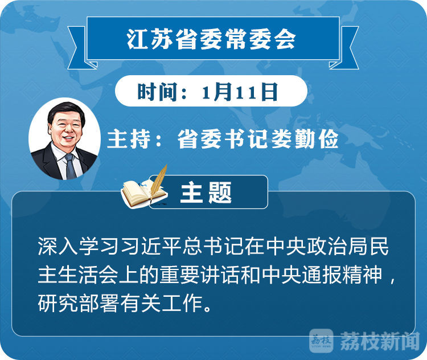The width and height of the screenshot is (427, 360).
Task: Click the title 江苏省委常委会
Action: point(211,39)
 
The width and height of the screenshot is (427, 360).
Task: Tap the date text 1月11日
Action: point(240,92)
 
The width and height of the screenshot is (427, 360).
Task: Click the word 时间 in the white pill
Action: point(157,92)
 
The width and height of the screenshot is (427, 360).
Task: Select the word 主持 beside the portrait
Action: point(128,139)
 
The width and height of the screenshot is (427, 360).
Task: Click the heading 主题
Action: point(206,193)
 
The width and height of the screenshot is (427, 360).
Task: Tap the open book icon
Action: point(142,193)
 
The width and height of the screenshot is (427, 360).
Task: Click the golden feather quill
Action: point(158,183)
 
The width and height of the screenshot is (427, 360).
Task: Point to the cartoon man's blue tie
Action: point(70,166)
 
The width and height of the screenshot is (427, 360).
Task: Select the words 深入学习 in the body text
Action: point(79,246)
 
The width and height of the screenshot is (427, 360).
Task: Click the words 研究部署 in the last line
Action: point(79,303)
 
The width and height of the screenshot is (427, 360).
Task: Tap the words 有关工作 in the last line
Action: point(162,303)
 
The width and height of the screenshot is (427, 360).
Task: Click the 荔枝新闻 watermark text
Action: point(380,341)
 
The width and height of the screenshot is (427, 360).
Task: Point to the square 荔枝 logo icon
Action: point(321,341)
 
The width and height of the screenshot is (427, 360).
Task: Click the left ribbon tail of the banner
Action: point(79,48)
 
